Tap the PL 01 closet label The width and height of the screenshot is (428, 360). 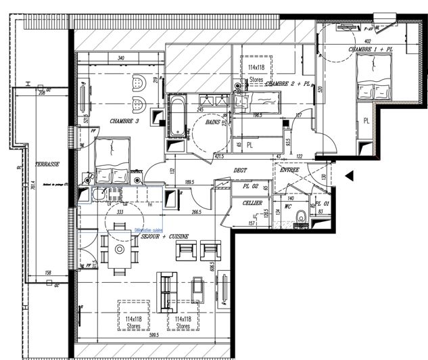point(323,203)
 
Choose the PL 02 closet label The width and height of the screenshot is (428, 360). point(251,186)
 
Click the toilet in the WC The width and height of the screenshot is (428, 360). point(300,219)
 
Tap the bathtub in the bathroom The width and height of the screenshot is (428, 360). point(176,115)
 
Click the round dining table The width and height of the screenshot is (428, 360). point(119,249)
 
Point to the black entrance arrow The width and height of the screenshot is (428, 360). point(349,177)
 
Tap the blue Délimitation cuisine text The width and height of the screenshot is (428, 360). point(149,229)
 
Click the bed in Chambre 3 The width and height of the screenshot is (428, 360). point(111,160)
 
